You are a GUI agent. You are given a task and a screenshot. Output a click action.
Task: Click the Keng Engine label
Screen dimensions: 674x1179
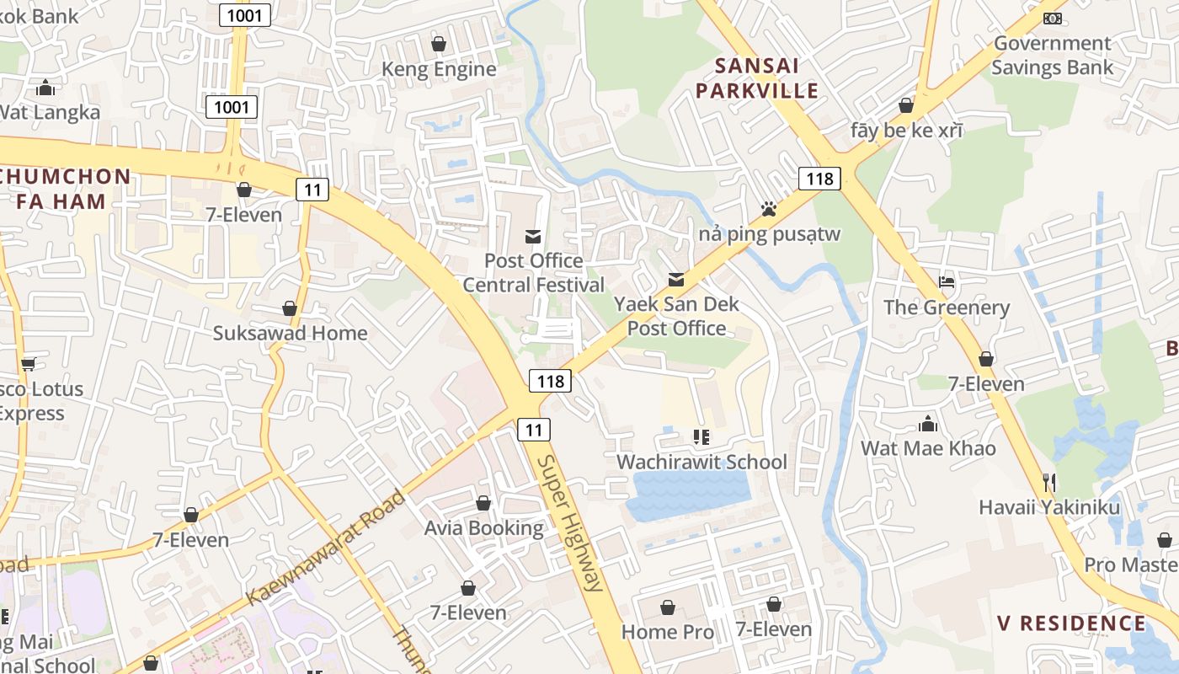[439, 69]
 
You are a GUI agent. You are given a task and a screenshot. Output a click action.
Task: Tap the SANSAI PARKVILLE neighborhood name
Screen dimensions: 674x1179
[766, 78]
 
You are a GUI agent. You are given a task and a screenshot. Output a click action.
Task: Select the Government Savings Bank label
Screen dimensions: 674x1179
[1052, 56]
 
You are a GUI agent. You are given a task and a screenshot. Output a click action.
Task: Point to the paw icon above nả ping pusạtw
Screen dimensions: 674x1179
[768, 208]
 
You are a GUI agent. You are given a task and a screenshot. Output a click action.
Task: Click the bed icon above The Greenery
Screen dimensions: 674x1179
[947, 281]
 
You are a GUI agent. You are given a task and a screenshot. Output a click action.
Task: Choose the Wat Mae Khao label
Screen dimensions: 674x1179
[928, 448]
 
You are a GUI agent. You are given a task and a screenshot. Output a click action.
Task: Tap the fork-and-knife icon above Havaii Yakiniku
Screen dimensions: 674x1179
[1049, 482]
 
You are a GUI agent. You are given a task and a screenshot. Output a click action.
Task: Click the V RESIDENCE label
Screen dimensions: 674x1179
[1071, 623]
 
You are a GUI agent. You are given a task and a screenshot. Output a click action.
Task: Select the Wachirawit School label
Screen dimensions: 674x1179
[702, 462]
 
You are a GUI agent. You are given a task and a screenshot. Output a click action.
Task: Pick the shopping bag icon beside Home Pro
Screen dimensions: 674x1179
[668, 607]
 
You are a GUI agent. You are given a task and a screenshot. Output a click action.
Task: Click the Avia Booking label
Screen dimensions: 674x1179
[483, 528]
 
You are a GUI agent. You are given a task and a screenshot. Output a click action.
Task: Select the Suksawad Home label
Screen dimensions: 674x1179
[290, 333]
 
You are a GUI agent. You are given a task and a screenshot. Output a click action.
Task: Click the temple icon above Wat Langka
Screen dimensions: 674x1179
[45, 88]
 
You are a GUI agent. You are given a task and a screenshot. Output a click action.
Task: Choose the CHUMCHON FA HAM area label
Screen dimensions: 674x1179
[64, 190]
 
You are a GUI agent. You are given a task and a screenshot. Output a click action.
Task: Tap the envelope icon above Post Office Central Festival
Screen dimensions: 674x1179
[533, 236]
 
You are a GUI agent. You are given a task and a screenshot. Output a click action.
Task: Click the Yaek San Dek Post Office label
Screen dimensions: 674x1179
[676, 316]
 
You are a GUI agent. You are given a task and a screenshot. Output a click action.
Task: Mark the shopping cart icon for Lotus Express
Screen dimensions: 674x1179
[28, 364]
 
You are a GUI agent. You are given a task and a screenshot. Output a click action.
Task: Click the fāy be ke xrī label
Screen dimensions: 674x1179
[906, 131]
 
